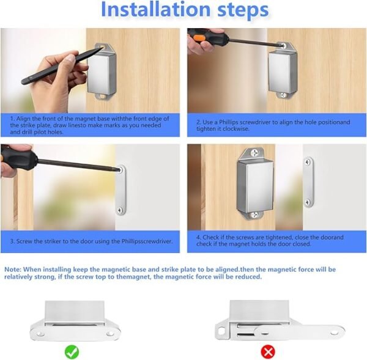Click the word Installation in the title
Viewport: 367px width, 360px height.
[x=147, y=10]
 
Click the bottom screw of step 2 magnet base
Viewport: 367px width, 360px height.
[x=283, y=95]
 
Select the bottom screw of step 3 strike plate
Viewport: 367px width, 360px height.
[x=120, y=210]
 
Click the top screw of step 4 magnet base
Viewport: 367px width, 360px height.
[x=252, y=152]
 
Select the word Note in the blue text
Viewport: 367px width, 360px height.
[x=14, y=269]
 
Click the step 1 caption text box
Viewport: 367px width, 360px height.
[x=92, y=125]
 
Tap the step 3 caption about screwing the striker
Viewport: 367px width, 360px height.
[x=92, y=241]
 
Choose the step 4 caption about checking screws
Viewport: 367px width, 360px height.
[x=275, y=240]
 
